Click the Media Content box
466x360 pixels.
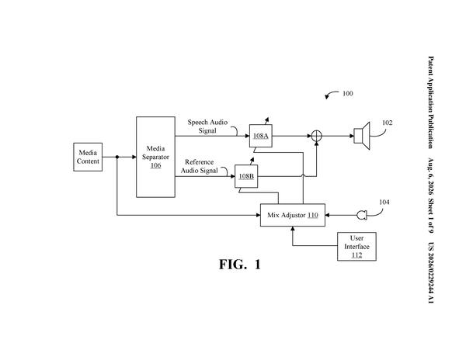click(88, 157)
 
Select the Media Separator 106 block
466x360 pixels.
click(155, 157)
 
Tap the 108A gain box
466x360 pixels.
click(261, 136)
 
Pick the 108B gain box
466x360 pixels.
click(246, 176)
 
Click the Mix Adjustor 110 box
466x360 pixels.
click(293, 215)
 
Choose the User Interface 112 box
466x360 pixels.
click(356, 247)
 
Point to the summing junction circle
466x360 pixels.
click(317, 137)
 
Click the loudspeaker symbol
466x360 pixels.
click(362, 136)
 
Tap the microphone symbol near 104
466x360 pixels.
click(362, 215)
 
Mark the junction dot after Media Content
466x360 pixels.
click(117, 157)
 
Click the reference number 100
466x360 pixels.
click(348, 93)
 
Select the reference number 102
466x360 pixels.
click(387, 123)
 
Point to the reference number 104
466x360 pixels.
click(384, 202)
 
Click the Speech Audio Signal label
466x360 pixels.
click(207, 126)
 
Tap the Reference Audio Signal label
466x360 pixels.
click(199, 166)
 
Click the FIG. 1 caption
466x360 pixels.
click(240, 265)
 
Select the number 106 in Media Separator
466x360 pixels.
click(155, 165)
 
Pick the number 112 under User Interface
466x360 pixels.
click(356, 255)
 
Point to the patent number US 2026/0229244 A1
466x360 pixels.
click(430, 273)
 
